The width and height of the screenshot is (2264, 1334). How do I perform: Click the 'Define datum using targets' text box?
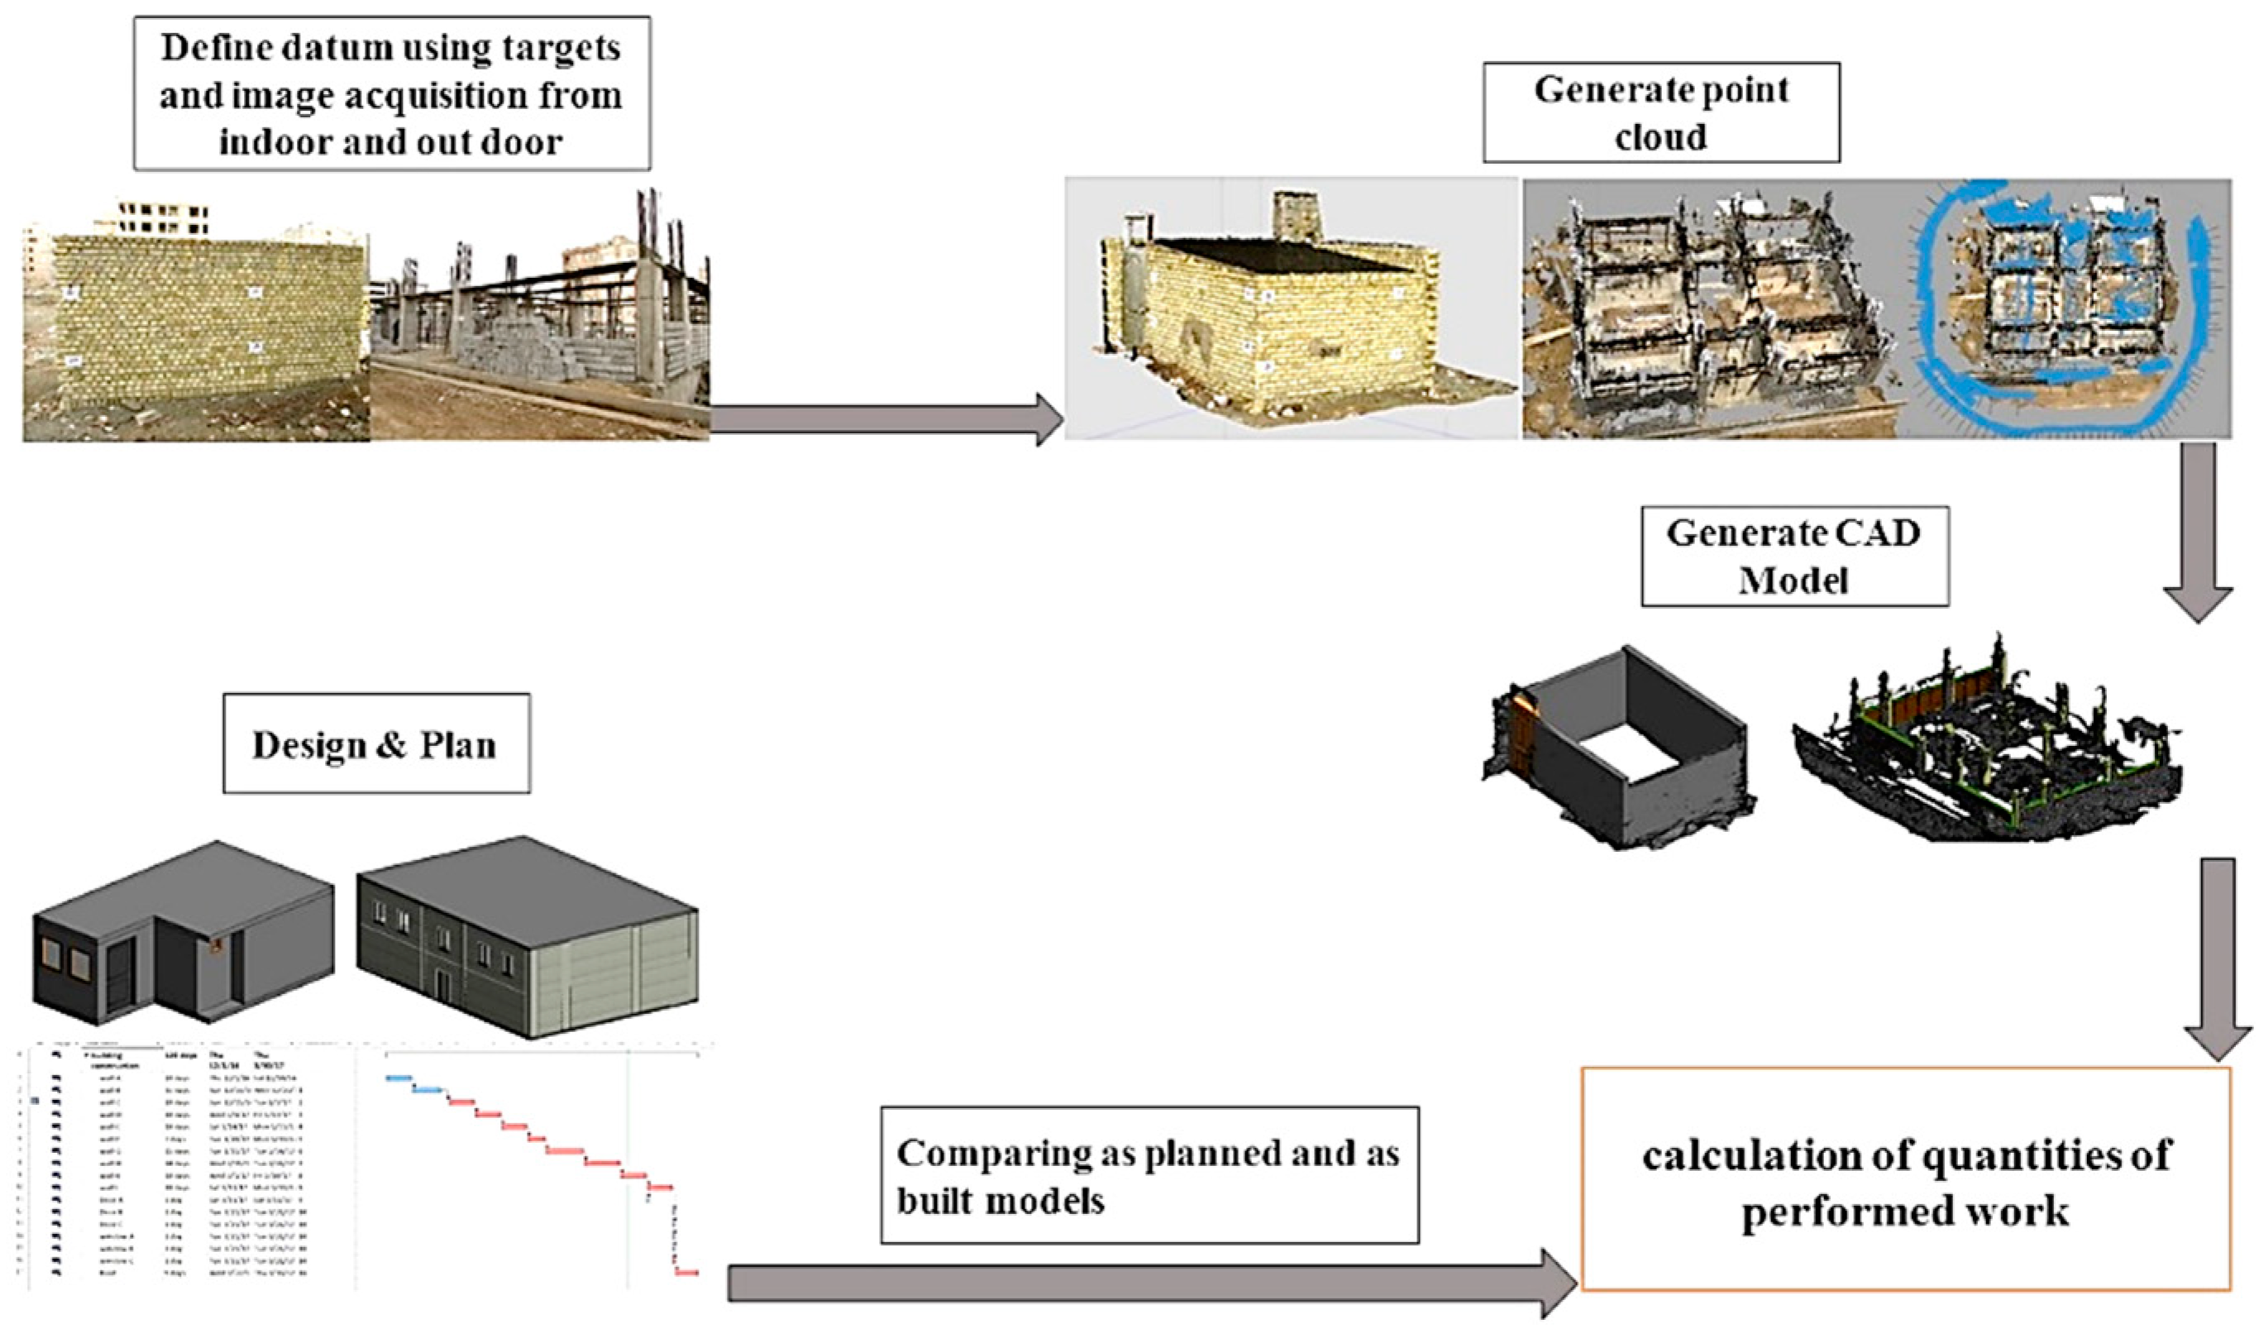[392, 93]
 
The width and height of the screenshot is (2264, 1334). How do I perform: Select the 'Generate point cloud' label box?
[1661, 112]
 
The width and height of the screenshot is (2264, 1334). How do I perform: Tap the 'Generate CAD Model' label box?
[1794, 556]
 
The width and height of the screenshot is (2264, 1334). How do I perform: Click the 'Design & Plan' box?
[375, 743]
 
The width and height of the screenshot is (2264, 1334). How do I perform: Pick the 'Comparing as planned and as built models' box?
[1149, 1176]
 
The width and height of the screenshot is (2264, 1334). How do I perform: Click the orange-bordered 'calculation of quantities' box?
[1905, 1179]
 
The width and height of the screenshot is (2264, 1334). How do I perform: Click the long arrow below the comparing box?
[1150, 1283]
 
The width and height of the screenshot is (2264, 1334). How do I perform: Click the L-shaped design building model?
[184, 935]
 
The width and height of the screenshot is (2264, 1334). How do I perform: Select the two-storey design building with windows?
[528, 935]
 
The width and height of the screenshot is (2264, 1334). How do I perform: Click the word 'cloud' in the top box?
[1660, 136]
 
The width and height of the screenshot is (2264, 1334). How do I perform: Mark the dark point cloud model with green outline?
[1986, 742]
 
